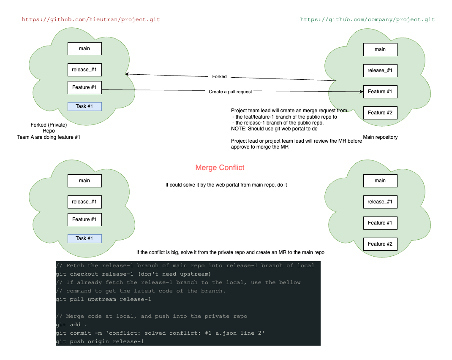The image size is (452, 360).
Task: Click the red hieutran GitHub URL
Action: pyautogui.click(x=91, y=19)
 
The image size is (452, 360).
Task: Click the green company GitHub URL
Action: pyautogui.click(x=368, y=19)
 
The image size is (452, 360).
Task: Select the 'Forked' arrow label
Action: pyautogui.click(x=219, y=77)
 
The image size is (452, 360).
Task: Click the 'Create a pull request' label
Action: pyautogui.click(x=230, y=92)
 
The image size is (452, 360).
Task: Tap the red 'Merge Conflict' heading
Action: pyautogui.click(x=220, y=168)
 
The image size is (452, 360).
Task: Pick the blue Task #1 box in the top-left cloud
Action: pyautogui.click(x=84, y=106)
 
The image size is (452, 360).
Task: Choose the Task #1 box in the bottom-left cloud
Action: pyautogui.click(x=84, y=238)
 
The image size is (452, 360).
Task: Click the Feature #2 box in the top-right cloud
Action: pyautogui.click(x=380, y=113)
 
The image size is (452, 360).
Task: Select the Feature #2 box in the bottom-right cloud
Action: pyautogui.click(x=380, y=244)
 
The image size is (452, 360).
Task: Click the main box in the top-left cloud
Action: pyautogui.click(x=84, y=49)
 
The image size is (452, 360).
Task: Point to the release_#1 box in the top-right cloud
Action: pyautogui.click(x=380, y=70)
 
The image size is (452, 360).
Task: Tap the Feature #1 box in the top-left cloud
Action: pyautogui.click(x=84, y=87)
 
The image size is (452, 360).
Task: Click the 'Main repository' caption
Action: pyautogui.click(x=380, y=137)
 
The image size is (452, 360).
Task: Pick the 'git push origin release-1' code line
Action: pyautogui.click(x=100, y=341)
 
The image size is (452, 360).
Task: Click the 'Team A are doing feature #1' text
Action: pyautogui.click(x=49, y=137)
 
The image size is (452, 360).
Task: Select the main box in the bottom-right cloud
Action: pyautogui.click(x=380, y=181)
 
